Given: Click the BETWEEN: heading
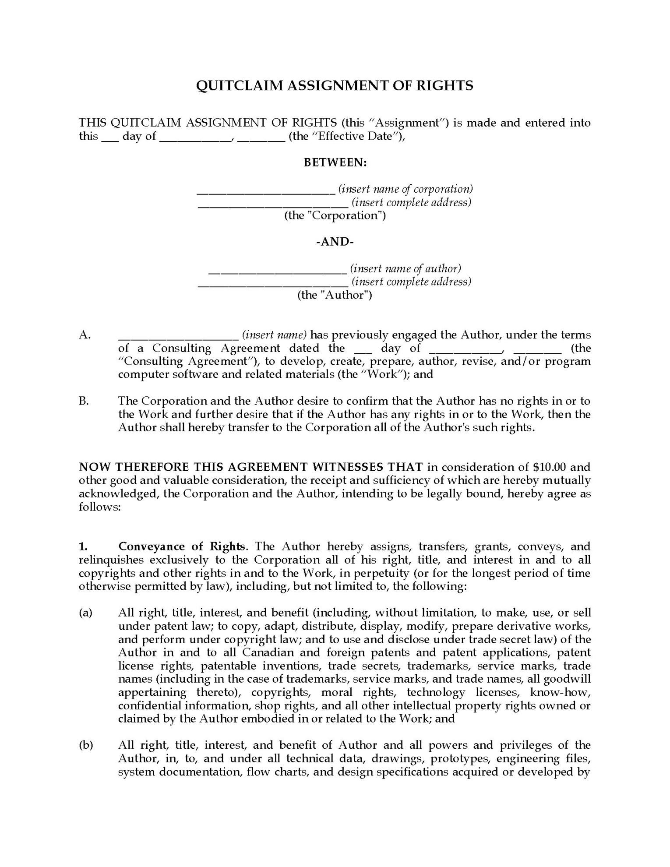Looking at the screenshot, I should pyautogui.click(x=335, y=162).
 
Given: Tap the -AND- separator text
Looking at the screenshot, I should pyautogui.click(x=335, y=242).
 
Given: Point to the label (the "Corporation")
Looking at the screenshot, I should pyautogui.click(x=335, y=215).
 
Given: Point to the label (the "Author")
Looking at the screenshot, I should pyautogui.click(x=335, y=295).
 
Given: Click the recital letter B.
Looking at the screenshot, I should pyautogui.click(x=84, y=401).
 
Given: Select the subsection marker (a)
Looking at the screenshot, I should pyautogui.click(x=86, y=613).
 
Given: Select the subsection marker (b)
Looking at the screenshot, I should pyautogui.click(x=86, y=745).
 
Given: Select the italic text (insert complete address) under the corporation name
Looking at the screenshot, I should pyautogui.click(x=412, y=202).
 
